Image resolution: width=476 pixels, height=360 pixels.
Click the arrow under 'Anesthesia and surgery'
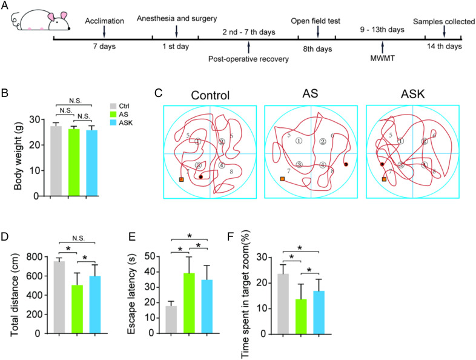click(x=176, y=30)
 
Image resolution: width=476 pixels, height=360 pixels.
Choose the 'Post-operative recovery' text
click(x=249, y=59)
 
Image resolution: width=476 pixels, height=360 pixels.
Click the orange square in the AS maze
click(x=283, y=179)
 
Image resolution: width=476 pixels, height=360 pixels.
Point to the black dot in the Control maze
click(x=200, y=176)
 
